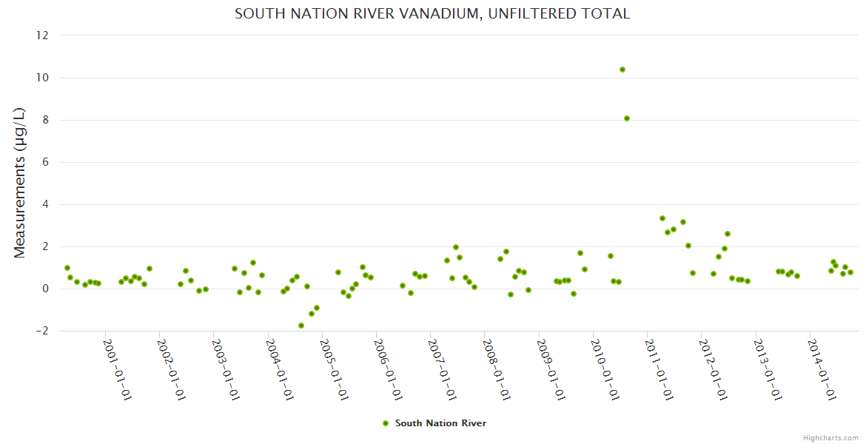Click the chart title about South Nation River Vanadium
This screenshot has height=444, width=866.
[432, 13]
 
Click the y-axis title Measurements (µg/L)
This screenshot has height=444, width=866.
[20, 183]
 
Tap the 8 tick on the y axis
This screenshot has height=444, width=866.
[45, 120]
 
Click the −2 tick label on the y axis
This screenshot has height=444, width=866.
[41, 331]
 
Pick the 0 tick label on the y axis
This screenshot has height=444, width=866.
[45, 289]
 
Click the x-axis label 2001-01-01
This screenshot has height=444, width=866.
[117, 369]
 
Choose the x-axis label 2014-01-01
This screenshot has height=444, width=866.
[822, 369]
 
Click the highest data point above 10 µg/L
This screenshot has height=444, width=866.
[622, 70]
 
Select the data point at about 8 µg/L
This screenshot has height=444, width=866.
[627, 118]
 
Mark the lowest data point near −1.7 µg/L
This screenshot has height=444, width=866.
[301, 326]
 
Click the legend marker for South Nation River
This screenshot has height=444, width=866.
[385, 423]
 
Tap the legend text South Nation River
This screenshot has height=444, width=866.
[440, 423]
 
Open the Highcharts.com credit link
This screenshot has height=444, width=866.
[830, 437]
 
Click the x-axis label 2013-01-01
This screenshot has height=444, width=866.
[768, 369]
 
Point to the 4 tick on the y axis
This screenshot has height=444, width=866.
[45, 204]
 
